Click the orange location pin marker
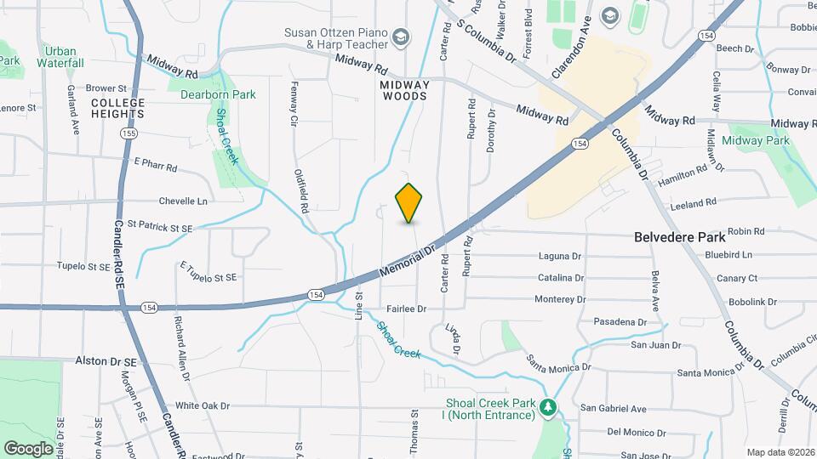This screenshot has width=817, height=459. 409,202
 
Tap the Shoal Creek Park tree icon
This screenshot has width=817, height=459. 550,409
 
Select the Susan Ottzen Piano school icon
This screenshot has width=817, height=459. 401,37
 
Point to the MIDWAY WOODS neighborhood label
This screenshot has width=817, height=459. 404,91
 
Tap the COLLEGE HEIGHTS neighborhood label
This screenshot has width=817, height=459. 118,109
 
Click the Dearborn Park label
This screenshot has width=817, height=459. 218,94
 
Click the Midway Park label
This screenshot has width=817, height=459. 756,141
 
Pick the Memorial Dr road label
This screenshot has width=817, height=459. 407,263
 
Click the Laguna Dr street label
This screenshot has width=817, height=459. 559,256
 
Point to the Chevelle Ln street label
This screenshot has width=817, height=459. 183,201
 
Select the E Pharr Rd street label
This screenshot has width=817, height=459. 155,167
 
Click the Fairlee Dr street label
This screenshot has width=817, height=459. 405,309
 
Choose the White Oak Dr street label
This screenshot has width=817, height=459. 203,406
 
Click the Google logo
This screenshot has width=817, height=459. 28,447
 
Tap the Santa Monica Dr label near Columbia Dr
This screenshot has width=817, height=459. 706,373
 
